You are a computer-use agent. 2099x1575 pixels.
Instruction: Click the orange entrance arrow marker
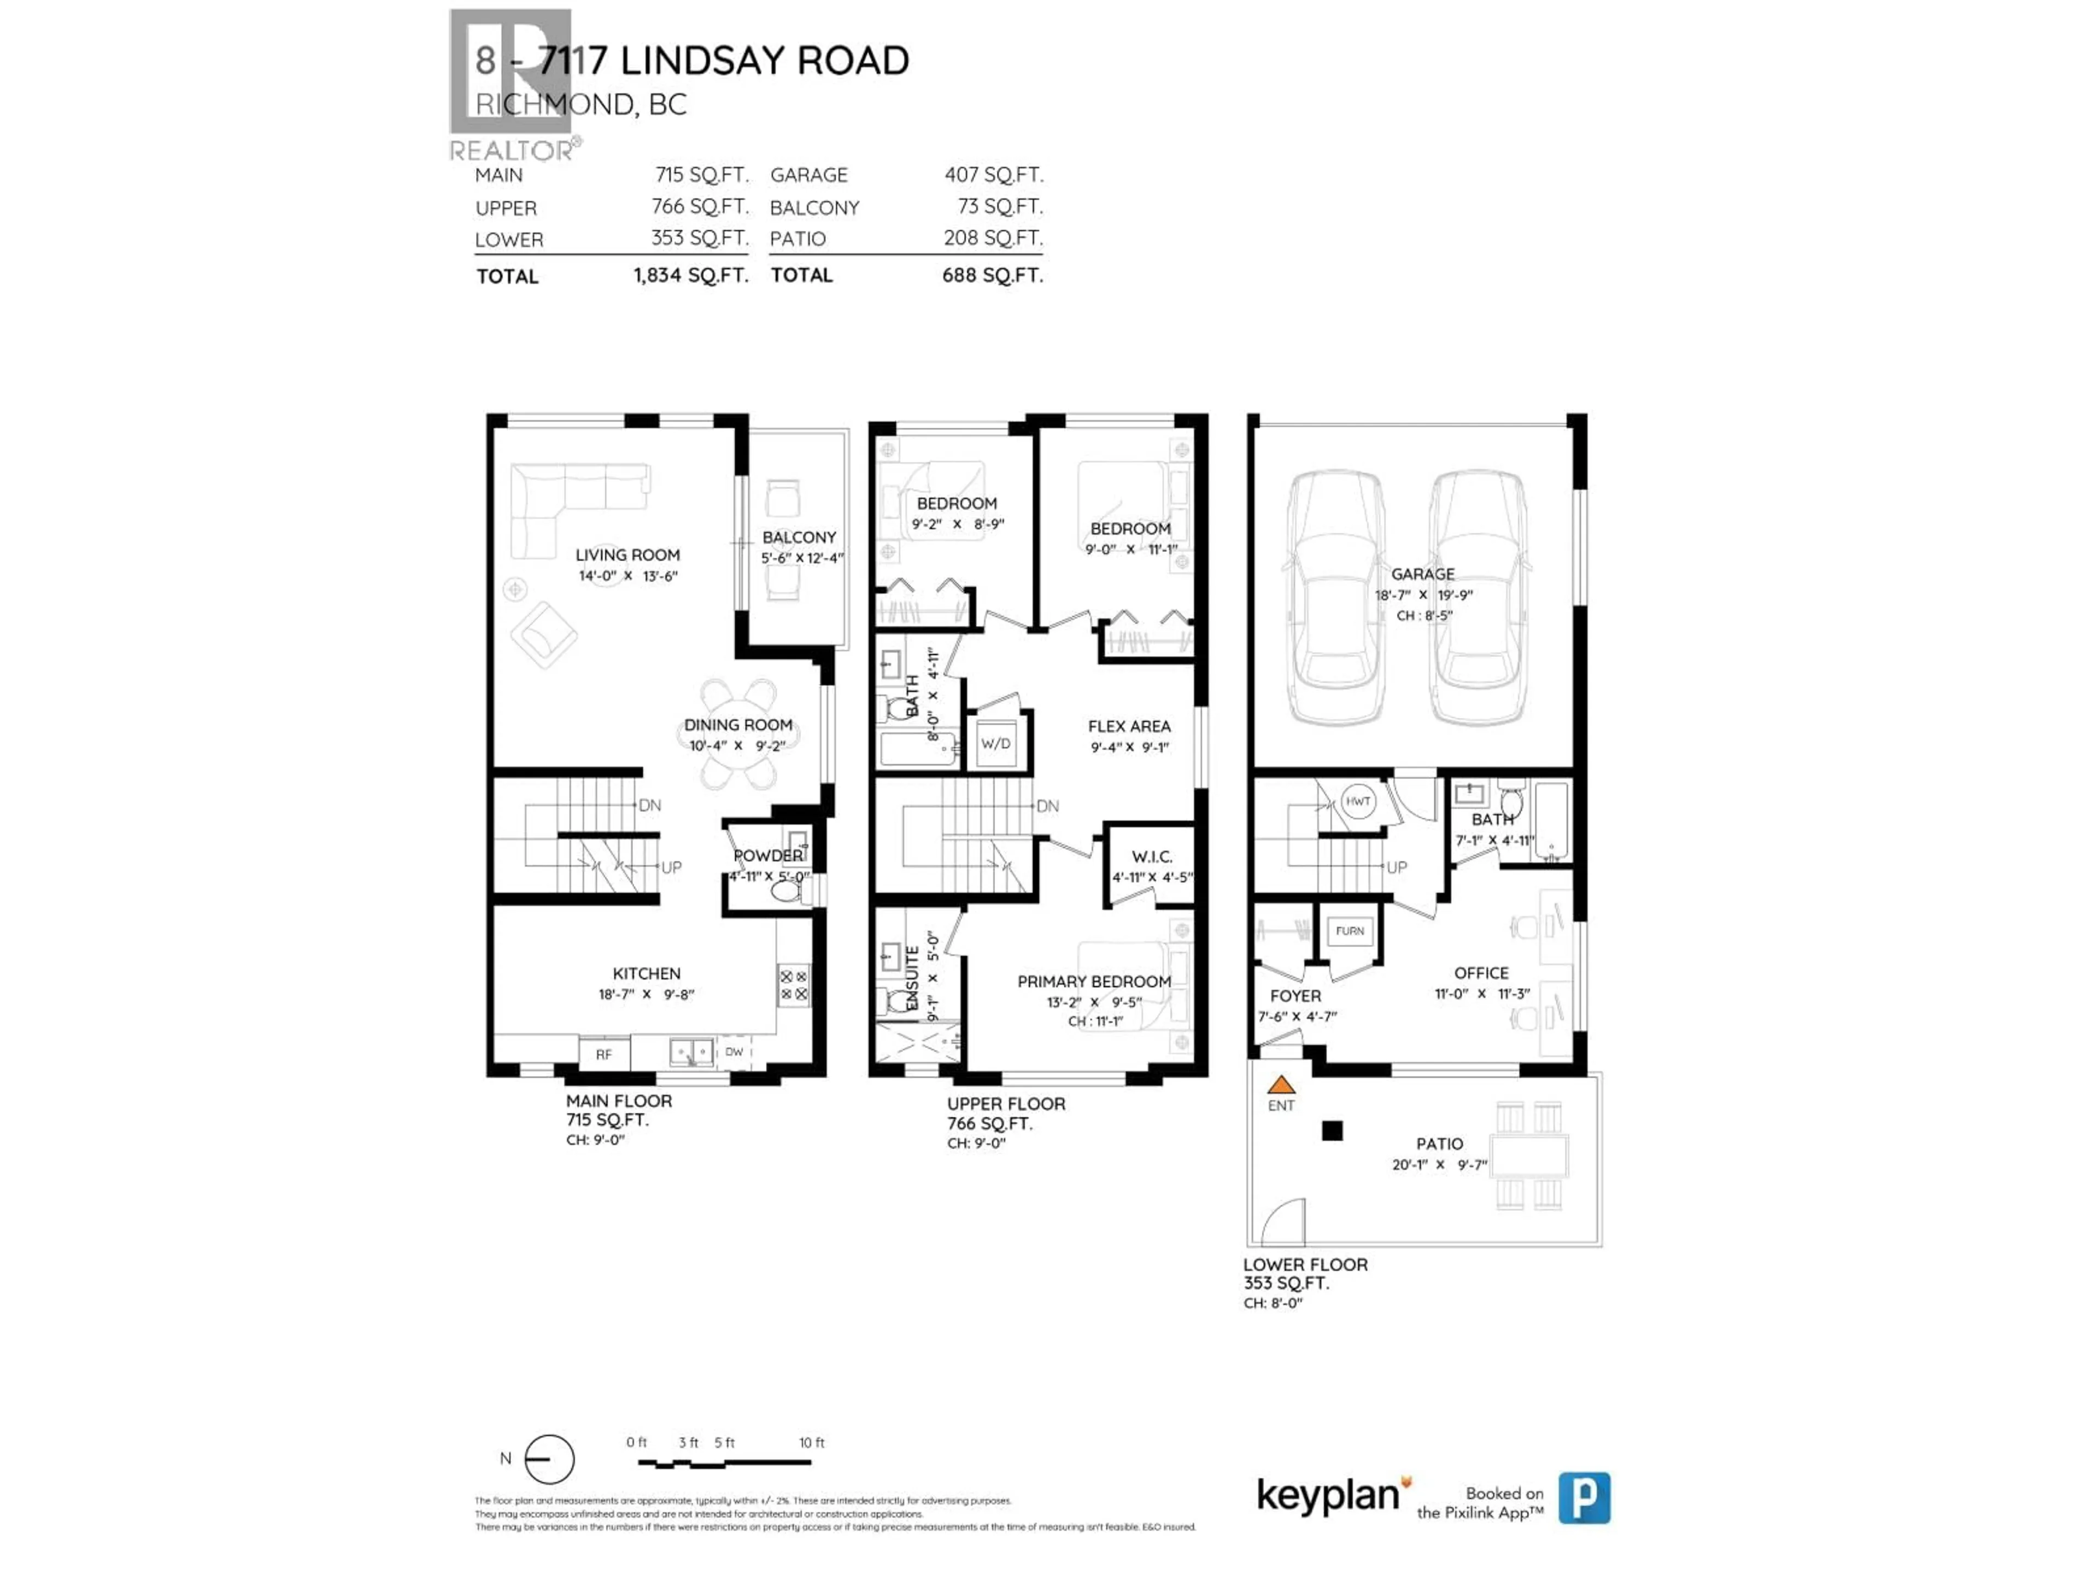pos(1281,1084)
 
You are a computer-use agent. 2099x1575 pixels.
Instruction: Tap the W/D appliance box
pos(995,743)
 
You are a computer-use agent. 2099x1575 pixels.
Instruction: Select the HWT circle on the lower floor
pos(1358,801)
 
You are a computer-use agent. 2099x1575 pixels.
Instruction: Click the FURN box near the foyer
pos(1350,931)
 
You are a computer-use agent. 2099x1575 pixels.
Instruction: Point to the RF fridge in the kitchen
pos(603,1054)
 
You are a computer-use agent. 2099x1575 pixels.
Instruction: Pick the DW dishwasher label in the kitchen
pos(734,1052)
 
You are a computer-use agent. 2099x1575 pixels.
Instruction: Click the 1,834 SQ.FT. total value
pos(691,275)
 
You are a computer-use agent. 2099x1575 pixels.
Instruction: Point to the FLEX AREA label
pos(1129,726)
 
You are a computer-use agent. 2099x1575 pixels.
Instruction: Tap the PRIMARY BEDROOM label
pos(1094,982)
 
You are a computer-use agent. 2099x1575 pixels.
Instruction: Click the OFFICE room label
pos(1481,973)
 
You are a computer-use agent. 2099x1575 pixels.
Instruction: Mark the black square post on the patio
pos(1332,1131)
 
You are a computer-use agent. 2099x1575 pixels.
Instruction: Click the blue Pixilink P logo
pos(1584,1497)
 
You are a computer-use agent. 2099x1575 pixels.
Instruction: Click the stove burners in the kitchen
pos(793,985)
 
